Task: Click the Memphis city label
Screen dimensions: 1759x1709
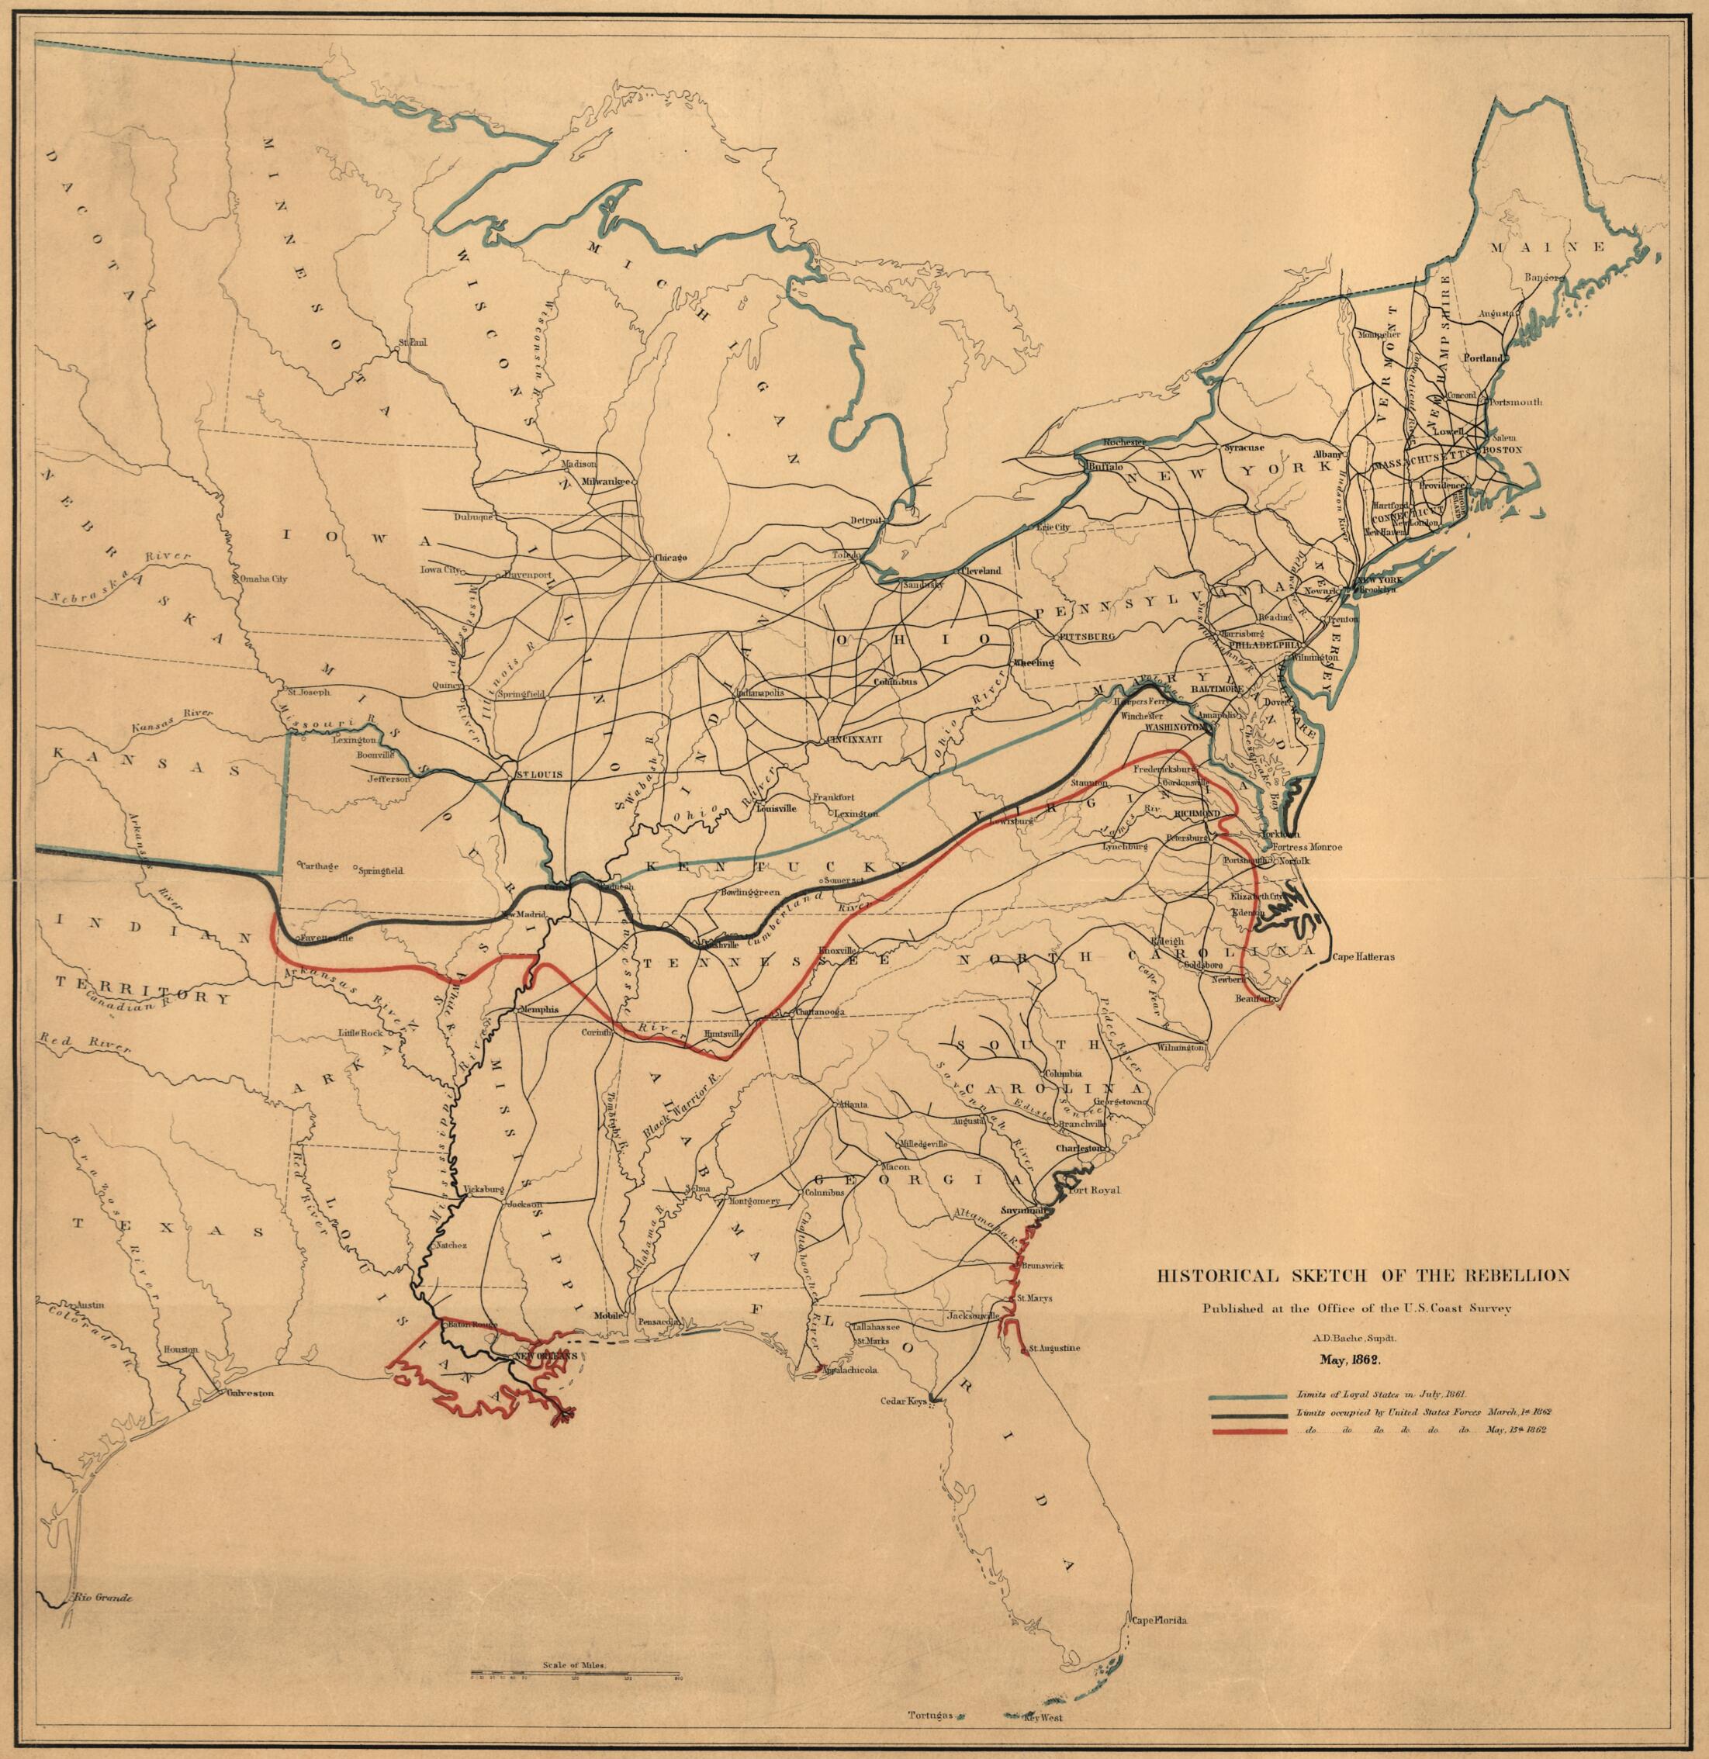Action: click(539, 1009)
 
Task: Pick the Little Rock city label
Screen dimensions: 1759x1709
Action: click(359, 1033)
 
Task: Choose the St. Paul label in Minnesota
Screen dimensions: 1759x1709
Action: click(412, 342)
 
